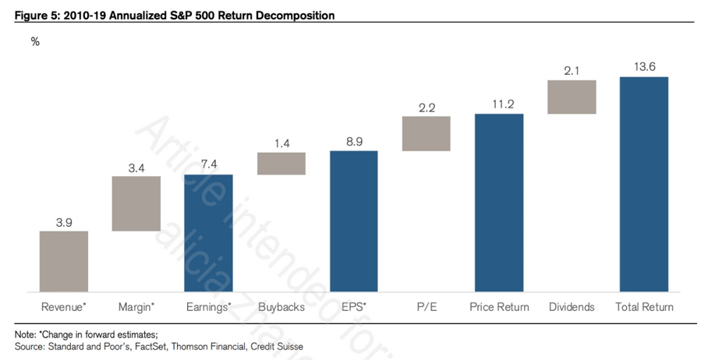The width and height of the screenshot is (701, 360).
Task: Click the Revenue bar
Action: (x=64, y=261)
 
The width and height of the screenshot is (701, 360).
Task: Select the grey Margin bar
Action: (x=136, y=203)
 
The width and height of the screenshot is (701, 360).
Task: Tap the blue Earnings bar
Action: (x=208, y=233)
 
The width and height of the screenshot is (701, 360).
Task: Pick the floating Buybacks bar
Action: (x=281, y=164)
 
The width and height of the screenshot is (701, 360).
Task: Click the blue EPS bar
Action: (x=354, y=221)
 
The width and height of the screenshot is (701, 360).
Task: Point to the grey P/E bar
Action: (x=427, y=133)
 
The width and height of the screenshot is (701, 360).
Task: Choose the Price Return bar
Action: (x=499, y=203)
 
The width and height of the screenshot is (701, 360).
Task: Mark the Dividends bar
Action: (x=572, y=97)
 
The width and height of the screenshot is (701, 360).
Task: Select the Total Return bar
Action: (x=644, y=184)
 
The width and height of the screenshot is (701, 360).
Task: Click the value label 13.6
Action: (x=644, y=67)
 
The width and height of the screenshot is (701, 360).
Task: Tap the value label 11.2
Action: (x=499, y=104)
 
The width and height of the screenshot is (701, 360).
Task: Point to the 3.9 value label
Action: (x=64, y=222)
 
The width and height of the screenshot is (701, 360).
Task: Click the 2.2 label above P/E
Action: (x=427, y=108)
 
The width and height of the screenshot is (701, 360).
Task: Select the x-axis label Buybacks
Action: (x=281, y=307)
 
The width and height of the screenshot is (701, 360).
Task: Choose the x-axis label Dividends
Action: (x=572, y=307)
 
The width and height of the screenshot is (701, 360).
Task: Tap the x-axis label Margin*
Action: (x=136, y=307)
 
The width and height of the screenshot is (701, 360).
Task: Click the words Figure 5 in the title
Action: (x=35, y=16)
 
